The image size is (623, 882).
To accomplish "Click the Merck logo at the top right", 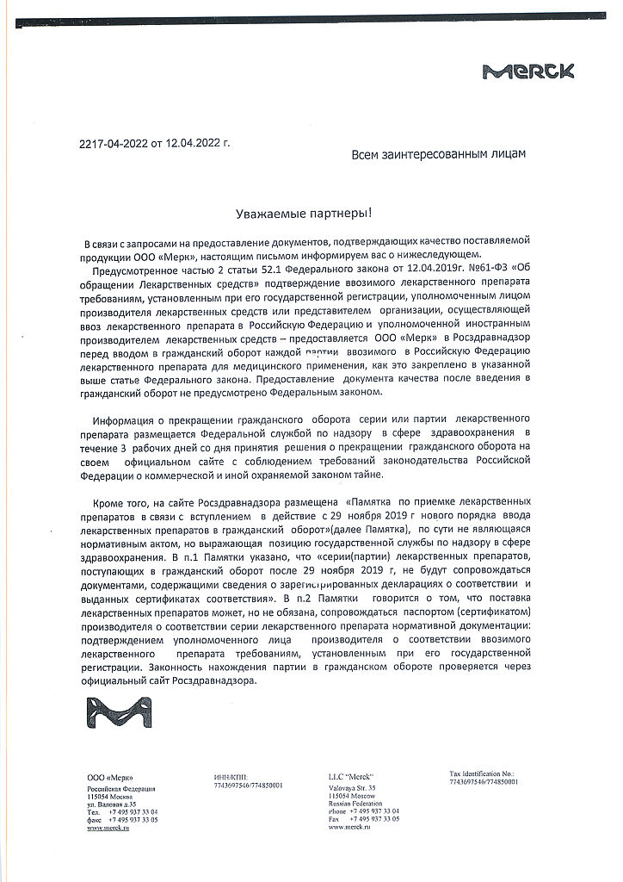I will [x=528, y=72].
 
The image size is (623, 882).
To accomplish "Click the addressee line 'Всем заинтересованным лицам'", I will [x=438, y=153].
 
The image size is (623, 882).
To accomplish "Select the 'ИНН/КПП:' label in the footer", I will [x=230, y=777].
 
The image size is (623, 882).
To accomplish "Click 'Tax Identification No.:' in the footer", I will [x=482, y=773].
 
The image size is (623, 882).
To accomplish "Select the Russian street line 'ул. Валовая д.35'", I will [x=111, y=804].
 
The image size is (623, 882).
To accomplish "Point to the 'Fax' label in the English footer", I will [x=335, y=818].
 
